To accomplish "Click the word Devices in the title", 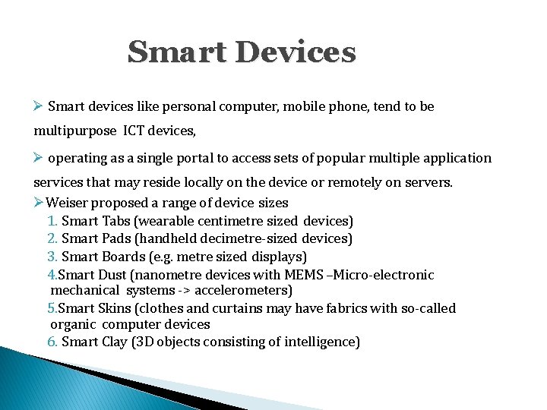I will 296,52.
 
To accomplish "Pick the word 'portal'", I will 198,158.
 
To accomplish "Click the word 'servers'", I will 428,183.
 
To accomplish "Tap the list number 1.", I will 52,221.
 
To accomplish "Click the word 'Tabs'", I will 115,221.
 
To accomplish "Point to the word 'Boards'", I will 122,257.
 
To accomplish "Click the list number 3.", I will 52,257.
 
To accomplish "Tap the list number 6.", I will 52,342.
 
